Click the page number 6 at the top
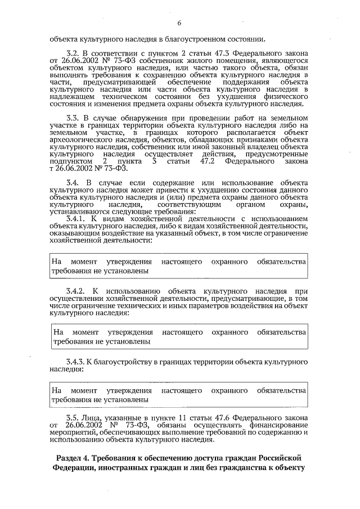pos(179,23)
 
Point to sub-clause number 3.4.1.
pos(76,219)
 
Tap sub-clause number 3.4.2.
pos(76,291)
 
